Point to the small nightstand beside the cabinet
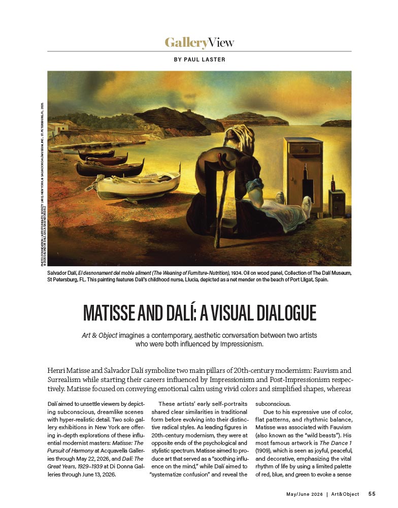pos(336,203)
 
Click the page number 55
pos(372,493)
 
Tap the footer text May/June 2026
pos(303,493)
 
